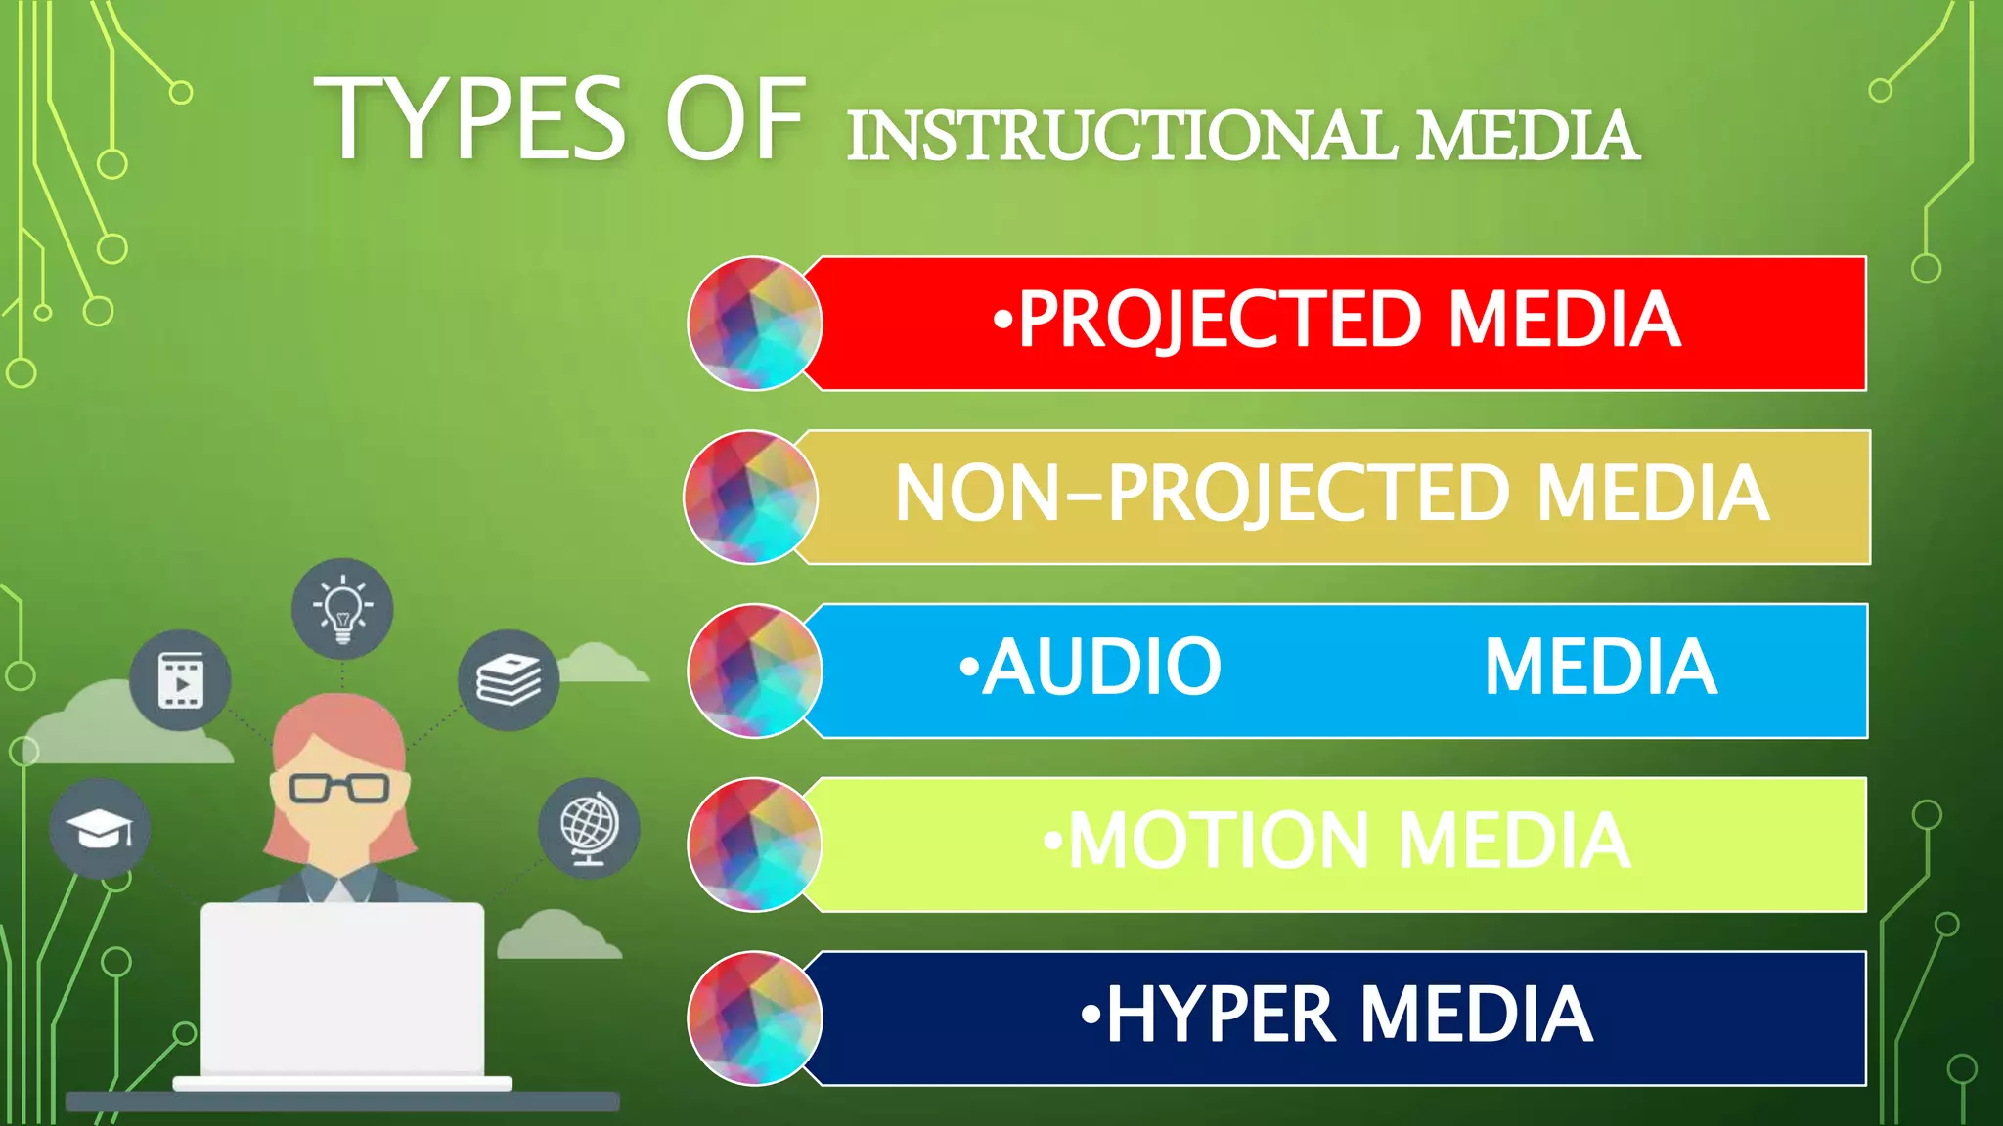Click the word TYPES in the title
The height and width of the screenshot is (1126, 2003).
(469, 119)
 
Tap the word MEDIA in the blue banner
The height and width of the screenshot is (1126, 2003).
(1600, 668)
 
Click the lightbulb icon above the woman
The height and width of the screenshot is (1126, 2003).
(342, 609)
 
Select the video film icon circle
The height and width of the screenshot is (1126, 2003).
(181, 680)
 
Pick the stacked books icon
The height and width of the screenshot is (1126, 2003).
(509, 680)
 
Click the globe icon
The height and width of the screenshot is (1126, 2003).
(589, 827)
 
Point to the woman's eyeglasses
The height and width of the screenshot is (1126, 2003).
(339, 788)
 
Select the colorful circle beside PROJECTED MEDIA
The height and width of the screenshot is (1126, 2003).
(755, 324)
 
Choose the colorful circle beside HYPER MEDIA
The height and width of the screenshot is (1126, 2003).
(755, 1018)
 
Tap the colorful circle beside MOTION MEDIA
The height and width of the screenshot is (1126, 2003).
(755, 844)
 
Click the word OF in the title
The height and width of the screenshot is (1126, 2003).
(735, 119)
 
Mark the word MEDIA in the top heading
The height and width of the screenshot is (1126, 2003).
(1528, 137)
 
